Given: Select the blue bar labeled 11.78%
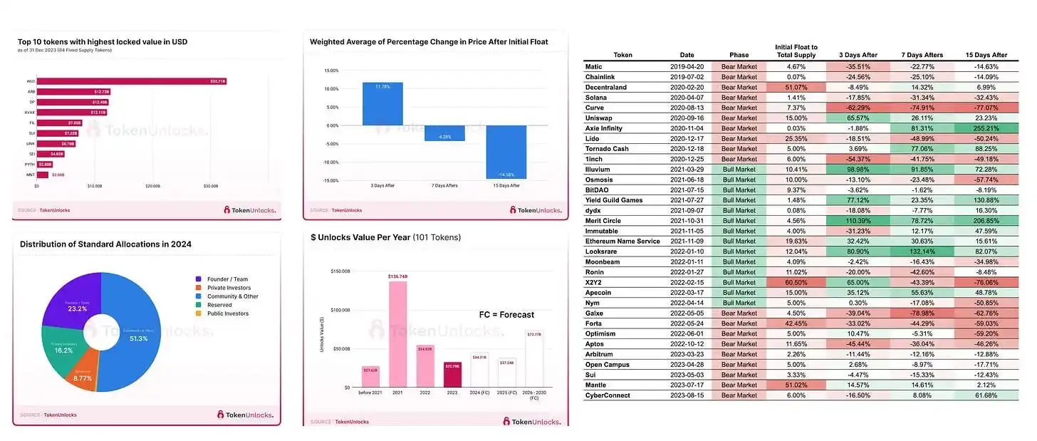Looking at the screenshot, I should [382, 104].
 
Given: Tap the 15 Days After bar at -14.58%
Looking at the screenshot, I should [506, 152].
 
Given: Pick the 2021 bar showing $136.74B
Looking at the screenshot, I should [397, 333].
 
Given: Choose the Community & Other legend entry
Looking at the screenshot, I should [234, 296].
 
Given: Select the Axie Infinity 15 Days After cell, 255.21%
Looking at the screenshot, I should [986, 128].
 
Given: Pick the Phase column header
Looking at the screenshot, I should [739, 55].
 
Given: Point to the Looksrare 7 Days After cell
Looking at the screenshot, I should [921, 251].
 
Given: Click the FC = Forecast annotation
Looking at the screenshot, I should [506, 314].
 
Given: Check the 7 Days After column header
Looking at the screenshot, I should [921, 55].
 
